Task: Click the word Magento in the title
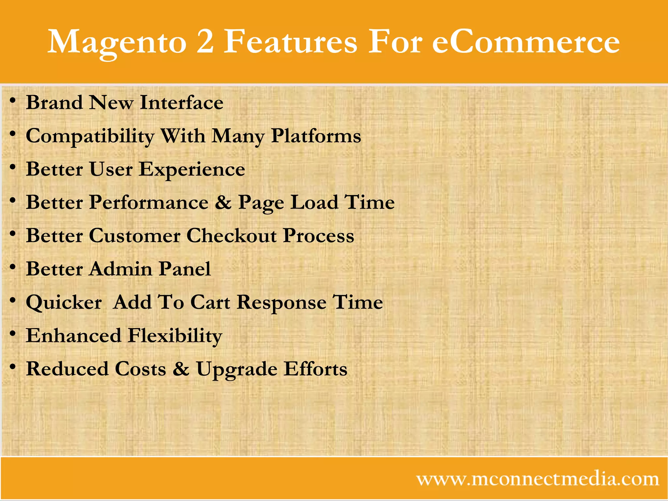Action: tap(117, 42)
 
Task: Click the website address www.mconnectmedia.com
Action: tap(538, 479)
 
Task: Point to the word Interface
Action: tap(181, 102)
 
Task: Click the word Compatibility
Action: tap(90, 136)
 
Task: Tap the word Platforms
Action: tap(316, 136)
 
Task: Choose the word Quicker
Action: tap(64, 302)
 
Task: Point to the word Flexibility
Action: tap(175, 336)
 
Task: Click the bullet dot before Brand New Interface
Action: tap(13, 100)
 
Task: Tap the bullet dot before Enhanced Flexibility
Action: tap(13, 333)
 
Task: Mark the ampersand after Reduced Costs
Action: tap(181, 369)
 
